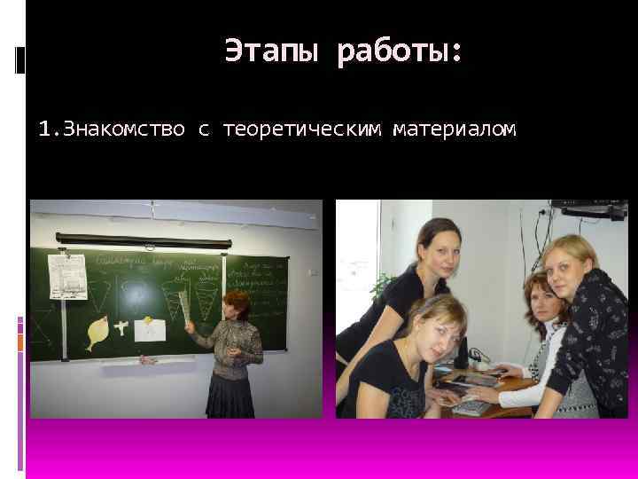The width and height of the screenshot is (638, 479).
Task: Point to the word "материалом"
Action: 456,130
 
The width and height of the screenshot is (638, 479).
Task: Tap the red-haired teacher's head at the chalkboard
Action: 237,302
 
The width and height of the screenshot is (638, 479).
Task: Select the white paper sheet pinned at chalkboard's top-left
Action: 66,276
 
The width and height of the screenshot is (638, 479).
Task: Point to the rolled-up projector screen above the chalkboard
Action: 142,238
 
